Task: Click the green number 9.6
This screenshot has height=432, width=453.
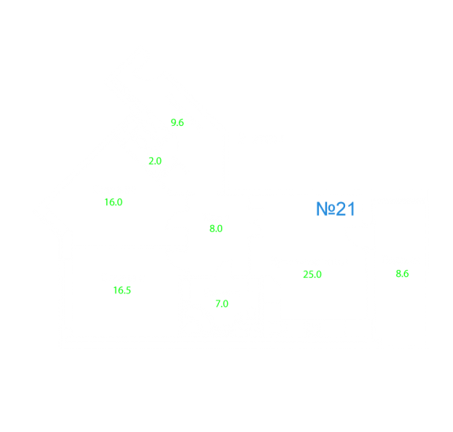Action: point(177,123)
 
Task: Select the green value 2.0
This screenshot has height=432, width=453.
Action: point(155,161)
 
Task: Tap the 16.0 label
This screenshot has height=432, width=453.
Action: point(113,202)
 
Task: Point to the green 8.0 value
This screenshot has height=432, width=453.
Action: point(216,228)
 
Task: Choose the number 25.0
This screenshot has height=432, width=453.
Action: point(312,275)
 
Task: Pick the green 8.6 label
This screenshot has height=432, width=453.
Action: point(402,274)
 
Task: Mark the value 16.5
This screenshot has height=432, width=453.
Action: point(122,290)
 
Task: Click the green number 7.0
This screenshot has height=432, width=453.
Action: point(222,304)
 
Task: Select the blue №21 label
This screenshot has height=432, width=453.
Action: point(336,209)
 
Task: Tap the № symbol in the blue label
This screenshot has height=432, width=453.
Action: point(326,209)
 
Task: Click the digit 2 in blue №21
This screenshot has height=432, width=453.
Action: point(341,209)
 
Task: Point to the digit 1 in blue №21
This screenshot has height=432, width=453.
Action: point(351,209)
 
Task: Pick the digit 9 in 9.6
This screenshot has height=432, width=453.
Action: point(173,123)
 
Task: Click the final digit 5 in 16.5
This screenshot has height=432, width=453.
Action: point(128,290)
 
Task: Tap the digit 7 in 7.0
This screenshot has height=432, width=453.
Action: point(218,304)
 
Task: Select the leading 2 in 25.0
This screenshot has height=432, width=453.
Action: point(306,275)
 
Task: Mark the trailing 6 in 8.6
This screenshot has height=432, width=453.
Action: point(407,274)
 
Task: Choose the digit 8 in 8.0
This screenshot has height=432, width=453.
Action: point(212,228)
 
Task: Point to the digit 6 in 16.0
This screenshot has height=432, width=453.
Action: point(112,202)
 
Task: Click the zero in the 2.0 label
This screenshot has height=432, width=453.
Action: point(159,161)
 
